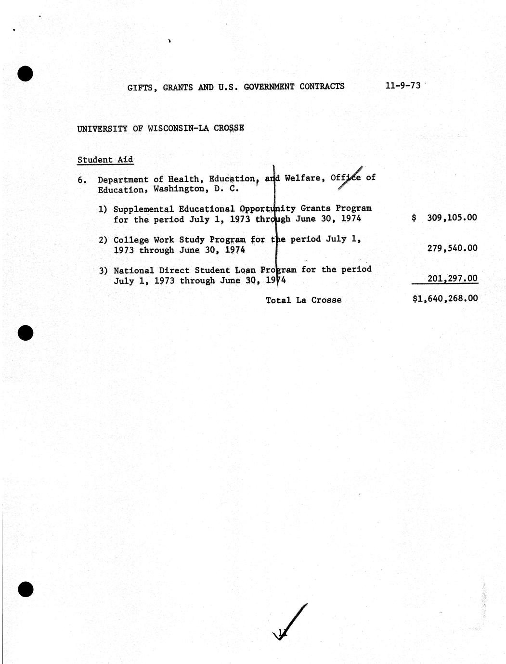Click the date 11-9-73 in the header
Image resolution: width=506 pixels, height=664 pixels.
[x=402, y=86]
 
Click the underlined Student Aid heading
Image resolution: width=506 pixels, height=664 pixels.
[x=105, y=160]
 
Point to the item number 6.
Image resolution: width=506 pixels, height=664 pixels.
[x=82, y=180]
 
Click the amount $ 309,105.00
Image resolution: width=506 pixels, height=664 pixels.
[x=445, y=217]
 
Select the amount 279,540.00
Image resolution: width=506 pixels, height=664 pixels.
[x=452, y=248]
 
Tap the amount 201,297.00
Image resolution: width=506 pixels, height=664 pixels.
[x=452, y=278]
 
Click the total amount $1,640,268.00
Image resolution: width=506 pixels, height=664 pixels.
[x=445, y=298]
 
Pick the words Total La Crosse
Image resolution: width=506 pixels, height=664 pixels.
[x=303, y=300]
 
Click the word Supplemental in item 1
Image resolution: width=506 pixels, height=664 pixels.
[x=143, y=209]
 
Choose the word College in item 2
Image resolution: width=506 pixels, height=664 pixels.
[x=131, y=240]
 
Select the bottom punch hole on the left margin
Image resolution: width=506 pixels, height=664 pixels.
[x=25, y=589]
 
